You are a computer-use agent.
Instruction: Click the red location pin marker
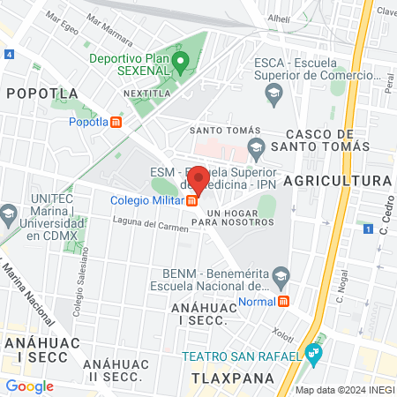pos(200,180)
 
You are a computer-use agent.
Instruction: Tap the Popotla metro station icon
pos(116,122)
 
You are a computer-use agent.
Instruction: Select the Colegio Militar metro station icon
pos(191,200)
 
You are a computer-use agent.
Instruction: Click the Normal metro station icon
pos(283,301)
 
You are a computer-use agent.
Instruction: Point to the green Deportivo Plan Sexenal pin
pos(181,63)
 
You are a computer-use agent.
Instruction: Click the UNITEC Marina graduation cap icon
pos(9,213)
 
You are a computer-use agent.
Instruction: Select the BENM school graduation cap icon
pos(281,279)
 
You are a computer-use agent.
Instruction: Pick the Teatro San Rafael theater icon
pos(315,356)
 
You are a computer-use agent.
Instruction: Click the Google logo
pos(29,386)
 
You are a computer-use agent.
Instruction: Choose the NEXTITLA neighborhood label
pos(146,93)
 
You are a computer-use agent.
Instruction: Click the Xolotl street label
pos(282,335)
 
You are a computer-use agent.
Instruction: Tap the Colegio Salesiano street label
pos(79,291)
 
